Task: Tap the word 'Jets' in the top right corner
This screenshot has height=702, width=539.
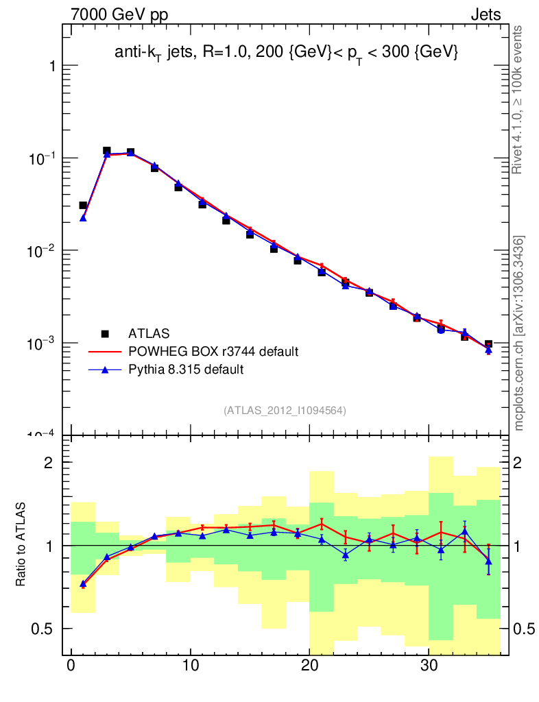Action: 485,14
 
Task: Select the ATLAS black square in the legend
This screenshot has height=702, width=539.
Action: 105,334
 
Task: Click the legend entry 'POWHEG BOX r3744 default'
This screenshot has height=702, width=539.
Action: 213,352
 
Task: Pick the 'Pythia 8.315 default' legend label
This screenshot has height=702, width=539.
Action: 187,370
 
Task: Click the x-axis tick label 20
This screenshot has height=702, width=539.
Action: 310,667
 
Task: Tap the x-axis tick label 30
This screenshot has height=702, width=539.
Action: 429,667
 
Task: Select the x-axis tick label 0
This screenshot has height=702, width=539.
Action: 71,667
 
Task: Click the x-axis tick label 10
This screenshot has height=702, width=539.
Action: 191,667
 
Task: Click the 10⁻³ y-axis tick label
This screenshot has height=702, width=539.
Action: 43,343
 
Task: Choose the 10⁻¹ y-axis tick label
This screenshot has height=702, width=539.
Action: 43,158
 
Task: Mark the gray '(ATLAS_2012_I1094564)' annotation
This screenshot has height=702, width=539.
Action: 285,411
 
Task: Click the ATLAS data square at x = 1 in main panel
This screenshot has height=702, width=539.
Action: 83,206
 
